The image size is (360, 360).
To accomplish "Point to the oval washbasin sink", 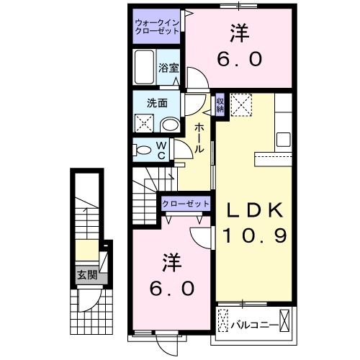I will click(170, 125).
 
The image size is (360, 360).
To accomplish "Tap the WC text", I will click(161, 150).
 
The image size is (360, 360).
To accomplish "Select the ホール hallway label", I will click(199, 137).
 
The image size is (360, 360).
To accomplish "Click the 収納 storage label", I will click(220, 105).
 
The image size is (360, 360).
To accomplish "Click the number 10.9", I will click(255, 235).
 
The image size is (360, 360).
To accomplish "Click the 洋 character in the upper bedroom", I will click(239, 32).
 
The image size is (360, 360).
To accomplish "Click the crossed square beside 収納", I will click(242, 106).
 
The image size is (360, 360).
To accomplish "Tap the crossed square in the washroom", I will click(144, 123).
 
